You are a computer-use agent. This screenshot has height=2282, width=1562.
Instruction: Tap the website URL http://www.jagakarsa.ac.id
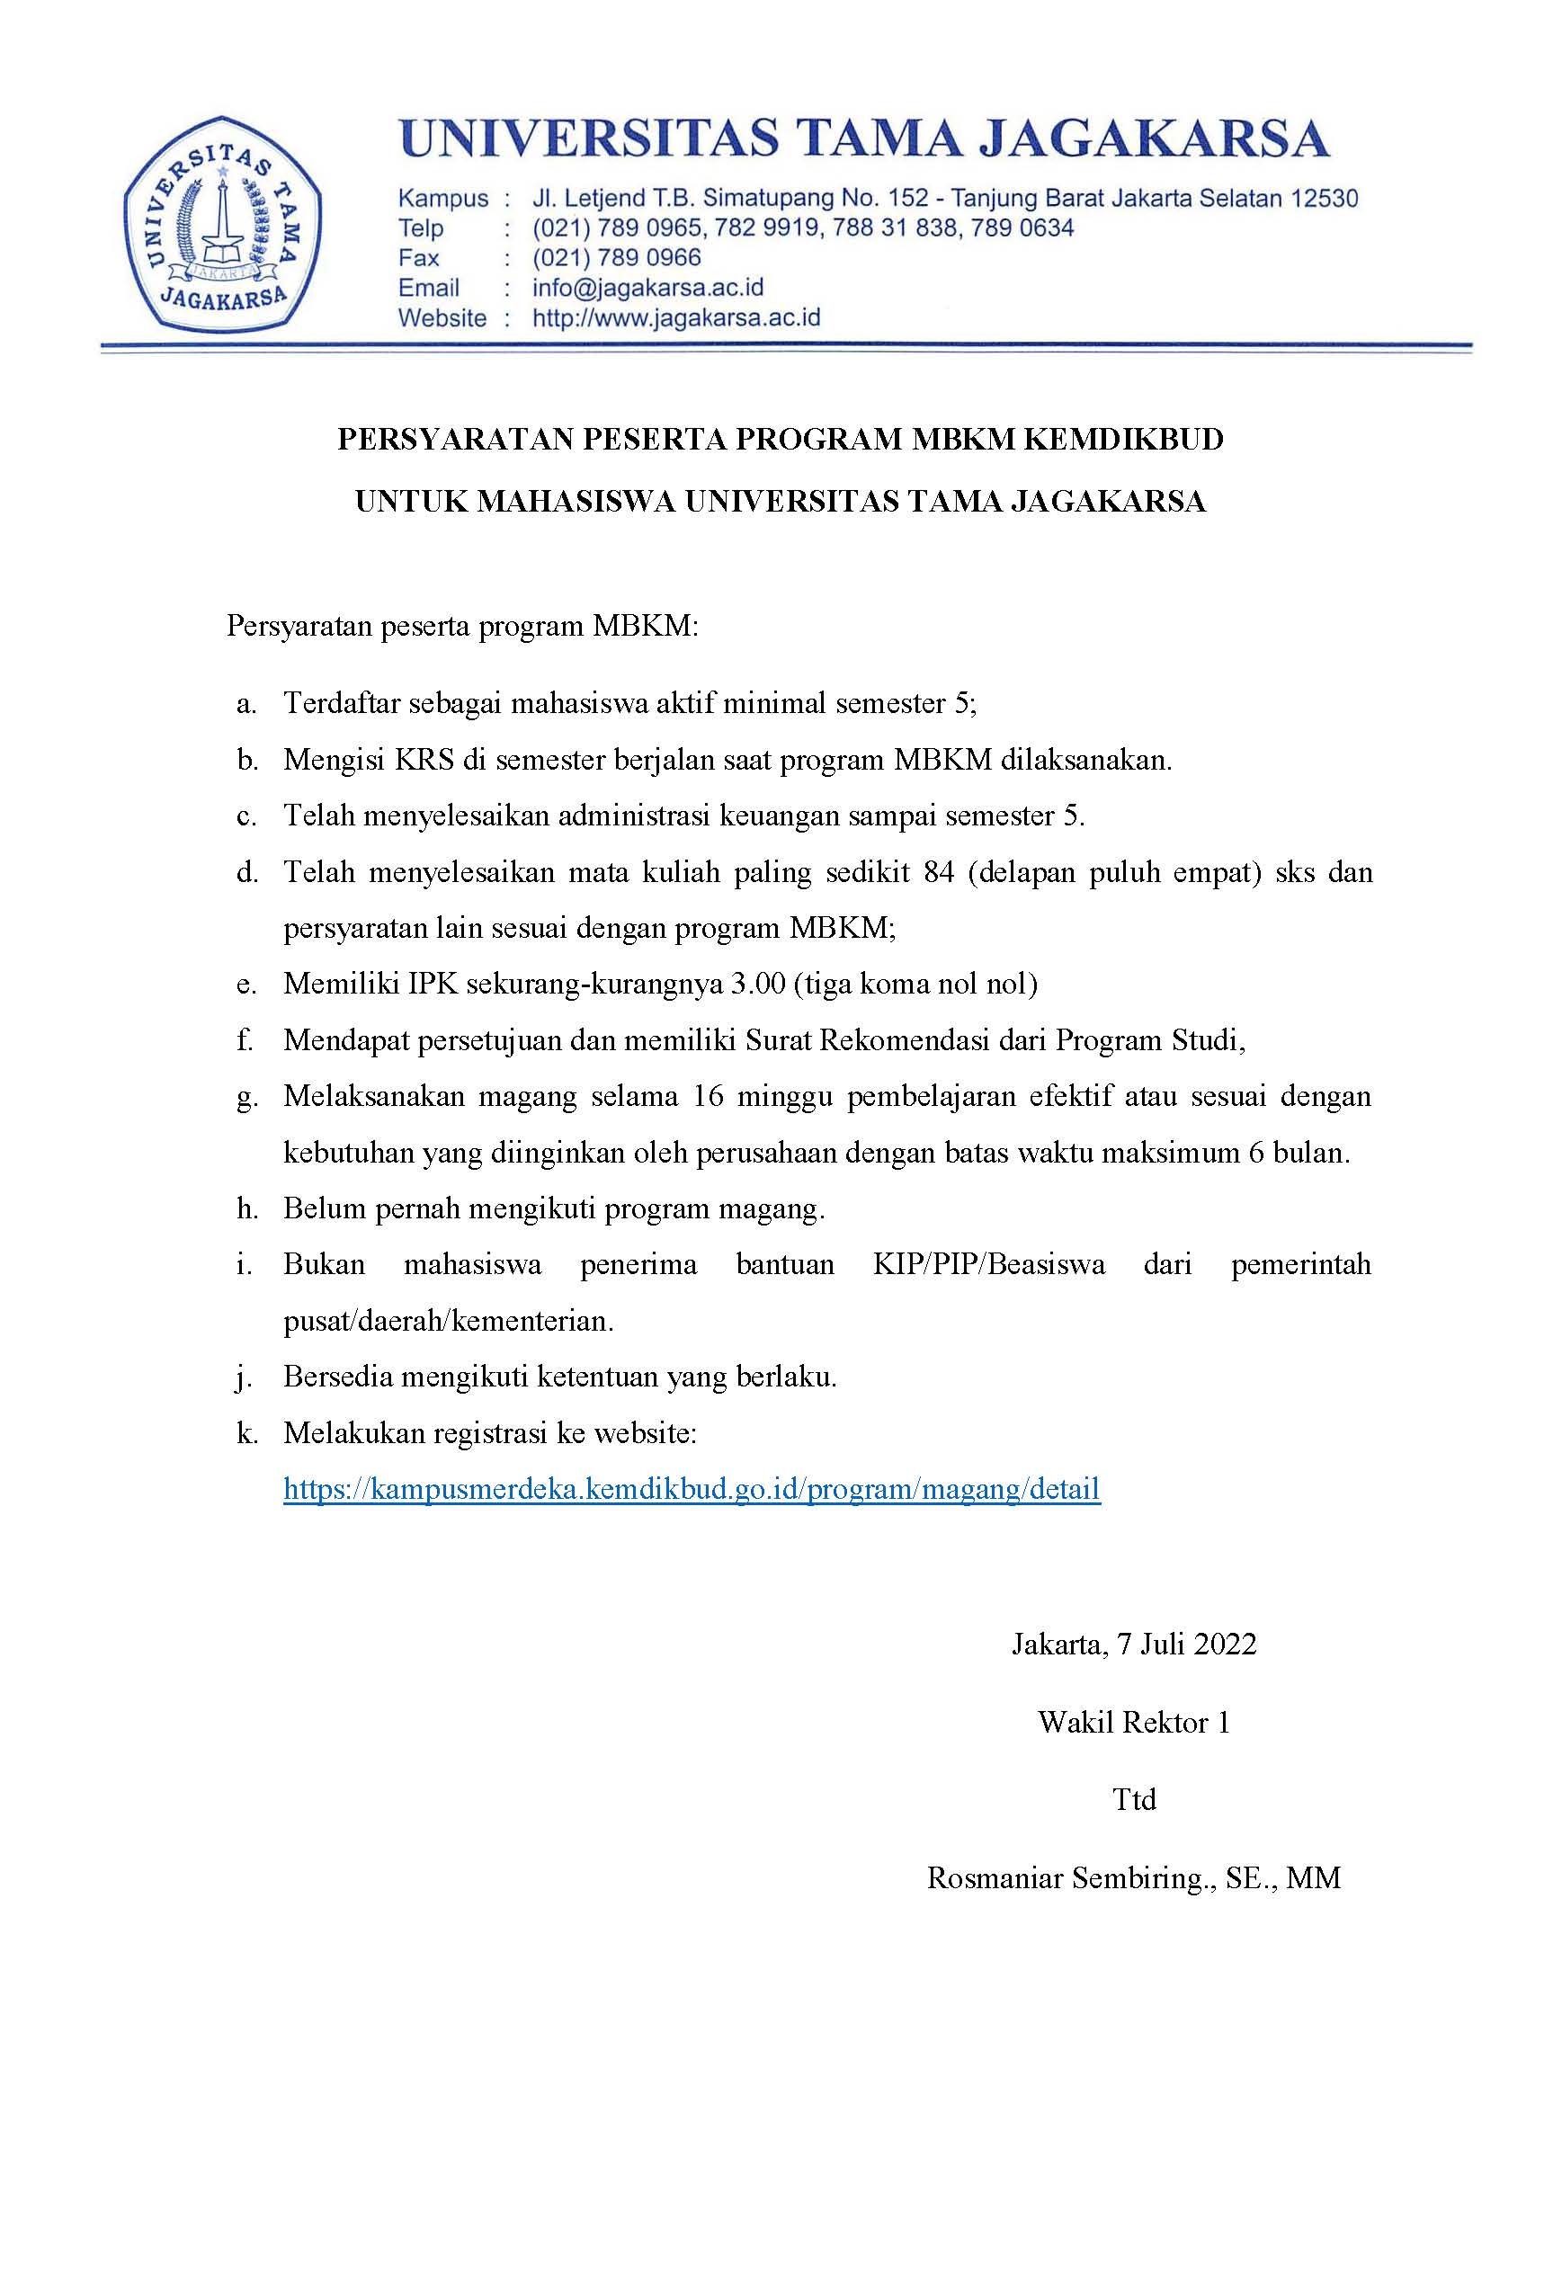pos(675,318)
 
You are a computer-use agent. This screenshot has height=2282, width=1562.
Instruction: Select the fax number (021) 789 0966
pos(617,257)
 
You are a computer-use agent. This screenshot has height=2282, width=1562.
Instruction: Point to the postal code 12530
pos(1324,199)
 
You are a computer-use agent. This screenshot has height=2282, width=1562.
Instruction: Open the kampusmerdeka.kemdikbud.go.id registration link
pos(692,1489)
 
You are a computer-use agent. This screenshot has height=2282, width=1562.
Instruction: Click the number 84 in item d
pos(939,871)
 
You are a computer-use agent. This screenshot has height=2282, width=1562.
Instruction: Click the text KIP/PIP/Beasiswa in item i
pos(988,1264)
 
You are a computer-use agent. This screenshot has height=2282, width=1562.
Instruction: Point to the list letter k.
pos(246,1432)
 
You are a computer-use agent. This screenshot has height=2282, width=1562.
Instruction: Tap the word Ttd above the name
pos(1134,1799)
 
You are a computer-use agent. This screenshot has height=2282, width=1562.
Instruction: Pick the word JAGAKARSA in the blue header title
pos(1156,139)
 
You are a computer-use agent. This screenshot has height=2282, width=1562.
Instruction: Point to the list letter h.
pos(246,1208)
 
